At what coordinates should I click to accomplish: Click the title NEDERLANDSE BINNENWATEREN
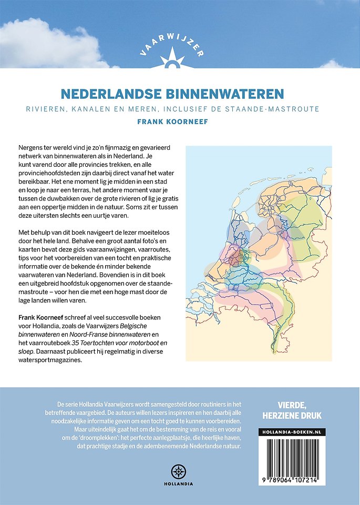click(180, 94)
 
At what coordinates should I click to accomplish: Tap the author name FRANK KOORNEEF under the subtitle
click(180, 120)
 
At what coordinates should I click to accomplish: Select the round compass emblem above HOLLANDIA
click(180, 470)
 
